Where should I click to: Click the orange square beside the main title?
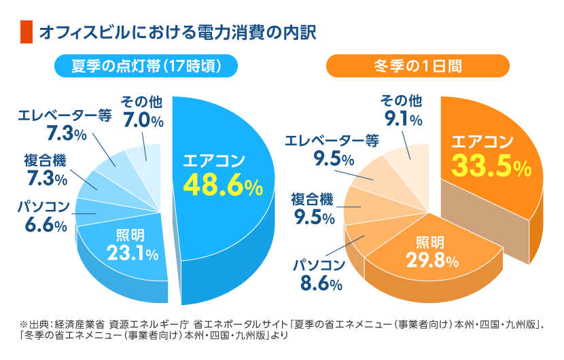tap(27, 32)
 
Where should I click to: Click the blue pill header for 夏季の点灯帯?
tap(146, 66)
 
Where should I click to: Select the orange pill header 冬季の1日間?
tap(418, 66)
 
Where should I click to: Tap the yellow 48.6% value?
tap(223, 185)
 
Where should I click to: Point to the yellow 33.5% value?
tap(491, 166)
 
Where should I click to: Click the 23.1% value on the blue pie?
tap(133, 253)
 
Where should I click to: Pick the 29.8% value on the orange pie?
tap(432, 259)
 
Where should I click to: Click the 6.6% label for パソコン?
tap(46, 225)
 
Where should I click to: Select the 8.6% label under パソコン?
tap(321, 283)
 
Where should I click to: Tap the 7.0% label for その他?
tap(143, 120)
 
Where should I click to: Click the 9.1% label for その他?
tap(403, 119)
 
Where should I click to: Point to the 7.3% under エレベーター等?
tap(67, 133)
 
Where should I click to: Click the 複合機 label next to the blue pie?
tap(46, 160)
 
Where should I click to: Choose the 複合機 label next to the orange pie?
tap(312, 199)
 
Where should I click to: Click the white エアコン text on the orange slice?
tap(482, 141)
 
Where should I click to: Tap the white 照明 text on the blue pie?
tap(130, 236)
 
